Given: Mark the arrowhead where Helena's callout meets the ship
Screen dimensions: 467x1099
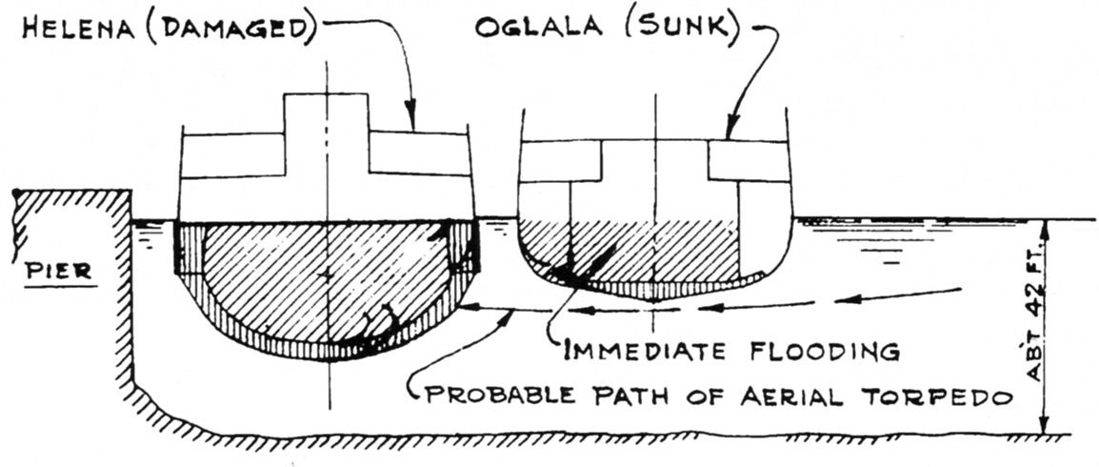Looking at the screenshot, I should point(410,124).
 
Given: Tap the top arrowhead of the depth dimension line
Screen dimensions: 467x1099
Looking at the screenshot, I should point(1045,225).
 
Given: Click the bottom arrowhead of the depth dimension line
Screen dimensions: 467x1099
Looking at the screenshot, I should point(1045,430).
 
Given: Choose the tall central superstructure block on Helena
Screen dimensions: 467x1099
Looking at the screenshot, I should point(327,133).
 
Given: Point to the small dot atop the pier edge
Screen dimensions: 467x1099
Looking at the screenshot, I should point(16,193).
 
